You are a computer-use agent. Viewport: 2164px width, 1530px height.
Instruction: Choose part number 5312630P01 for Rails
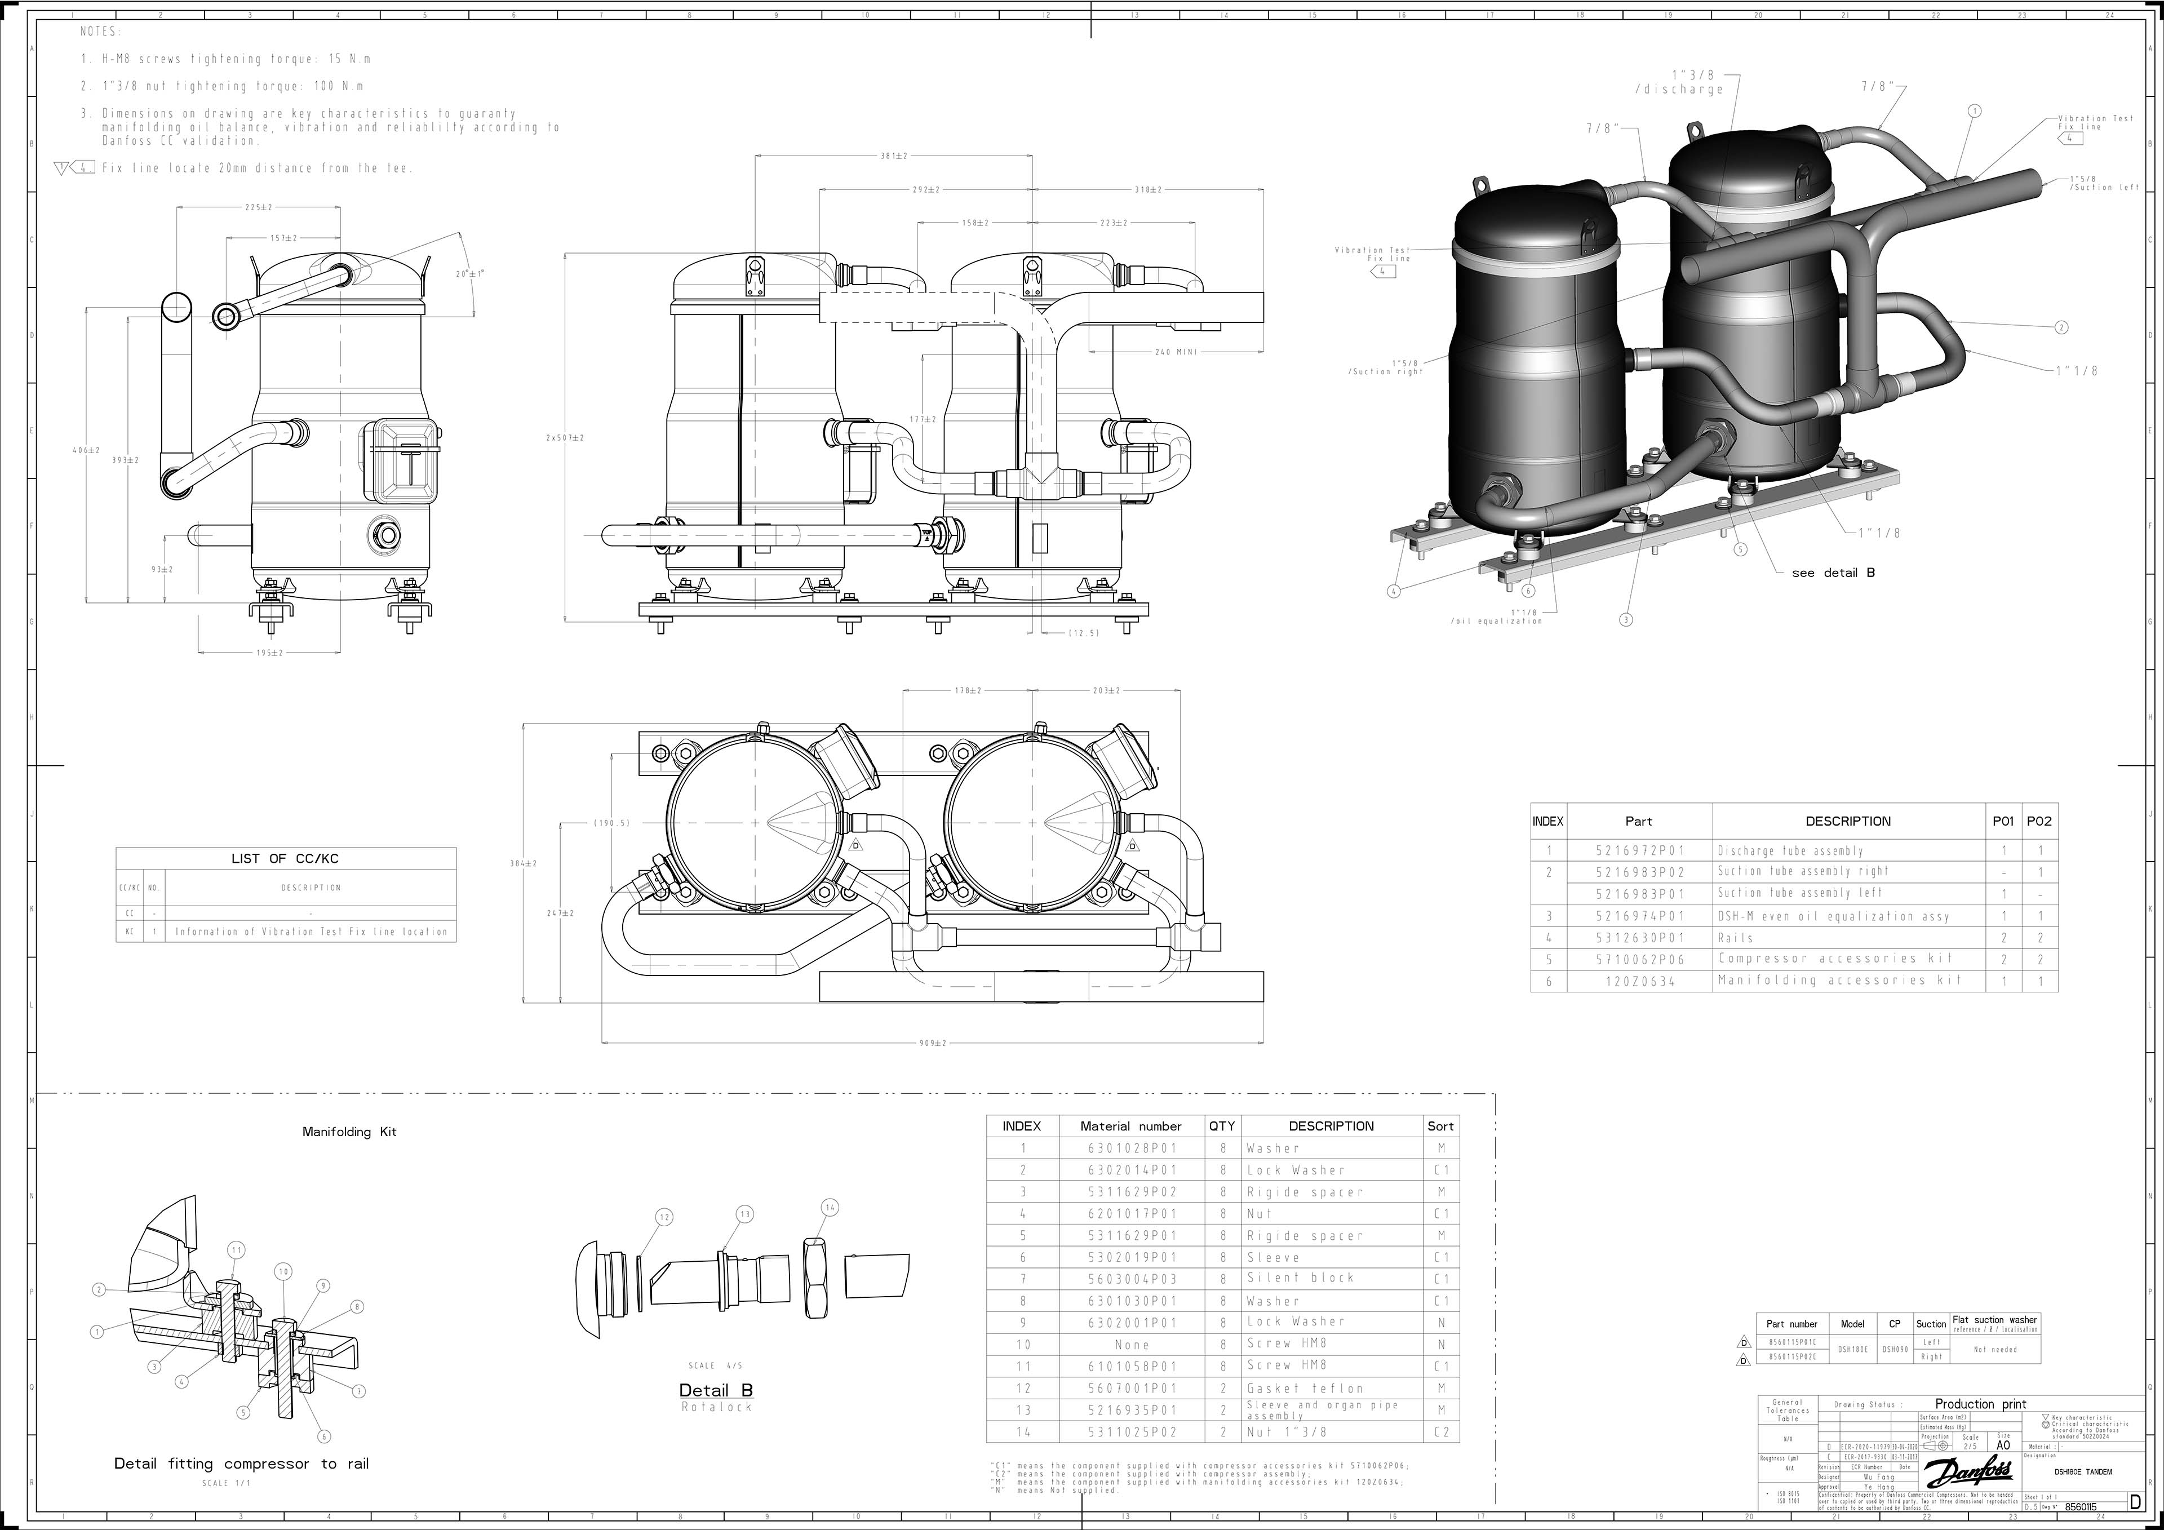pyautogui.click(x=1638, y=938)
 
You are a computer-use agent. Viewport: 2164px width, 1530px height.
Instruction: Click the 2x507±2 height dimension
pyautogui.click(x=565, y=437)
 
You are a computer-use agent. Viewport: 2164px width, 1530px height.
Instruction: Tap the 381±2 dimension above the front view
pyautogui.click(x=894, y=156)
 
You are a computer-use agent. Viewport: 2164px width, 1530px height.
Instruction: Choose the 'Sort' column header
pyautogui.click(x=1440, y=1125)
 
